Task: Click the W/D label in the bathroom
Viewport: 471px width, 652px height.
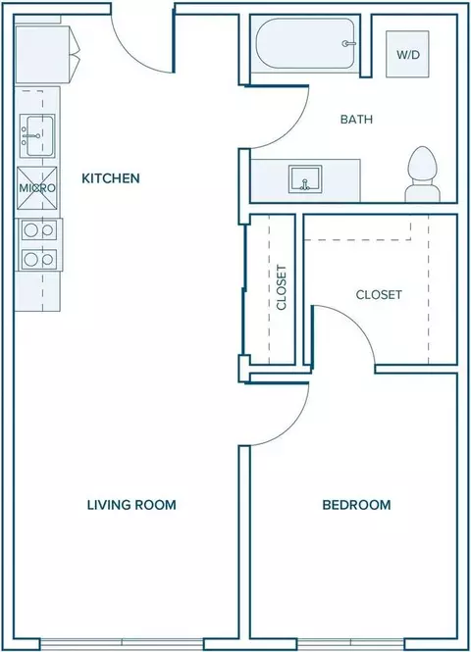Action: pos(408,55)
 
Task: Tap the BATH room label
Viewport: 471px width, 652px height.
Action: pos(356,120)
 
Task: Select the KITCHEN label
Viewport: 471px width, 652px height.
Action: pos(111,178)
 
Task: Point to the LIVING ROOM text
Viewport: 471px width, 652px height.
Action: pos(131,505)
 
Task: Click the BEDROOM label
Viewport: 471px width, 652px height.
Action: pos(356,505)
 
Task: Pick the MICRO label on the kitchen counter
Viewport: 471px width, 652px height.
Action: pos(37,188)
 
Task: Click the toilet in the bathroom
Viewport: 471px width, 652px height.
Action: pos(423,175)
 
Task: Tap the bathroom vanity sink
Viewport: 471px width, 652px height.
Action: pos(305,178)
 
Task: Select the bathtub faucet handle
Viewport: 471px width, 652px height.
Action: pos(348,44)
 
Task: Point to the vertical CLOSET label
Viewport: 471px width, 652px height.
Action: pos(282,287)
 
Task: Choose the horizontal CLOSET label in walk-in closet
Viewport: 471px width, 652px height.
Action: pos(379,295)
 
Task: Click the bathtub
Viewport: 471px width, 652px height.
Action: pos(305,44)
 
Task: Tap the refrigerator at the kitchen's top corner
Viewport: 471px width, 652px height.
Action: pos(46,55)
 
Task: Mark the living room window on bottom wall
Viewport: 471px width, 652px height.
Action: pos(123,644)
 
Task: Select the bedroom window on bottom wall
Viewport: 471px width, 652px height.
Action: pos(350,644)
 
